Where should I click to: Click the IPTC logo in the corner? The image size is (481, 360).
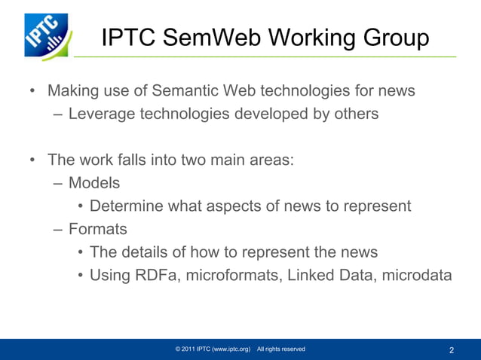click(x=47, y=35)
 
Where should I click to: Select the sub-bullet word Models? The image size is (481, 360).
click(x=94, y=182)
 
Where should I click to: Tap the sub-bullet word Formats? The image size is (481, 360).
click(x=97, y=228)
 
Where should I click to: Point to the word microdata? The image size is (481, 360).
click(x=417, y=275)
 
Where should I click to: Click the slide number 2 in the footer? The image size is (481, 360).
click(x=451, y=350)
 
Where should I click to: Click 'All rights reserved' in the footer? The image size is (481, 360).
click(x=280, y=349)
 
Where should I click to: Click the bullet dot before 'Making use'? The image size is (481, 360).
click(x=32, y=92)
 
